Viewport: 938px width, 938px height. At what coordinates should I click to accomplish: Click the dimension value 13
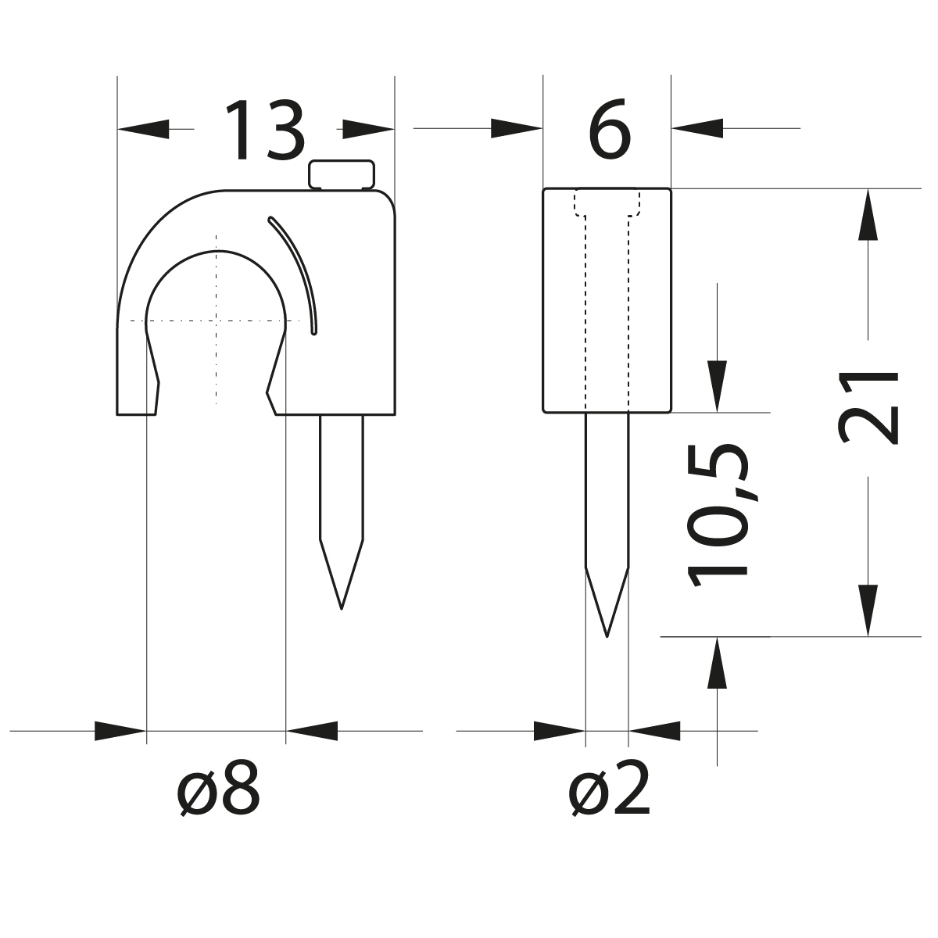(264, 131)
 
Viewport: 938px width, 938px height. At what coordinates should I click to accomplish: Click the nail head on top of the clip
(342, 174)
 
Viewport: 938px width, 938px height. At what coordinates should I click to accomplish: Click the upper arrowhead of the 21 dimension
(868, 215)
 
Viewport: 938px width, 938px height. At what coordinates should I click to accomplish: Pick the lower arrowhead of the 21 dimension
(868, 610)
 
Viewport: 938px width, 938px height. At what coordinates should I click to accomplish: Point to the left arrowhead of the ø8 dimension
(120, 732)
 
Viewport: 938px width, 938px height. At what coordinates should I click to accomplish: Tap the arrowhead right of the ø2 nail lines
(654, 732)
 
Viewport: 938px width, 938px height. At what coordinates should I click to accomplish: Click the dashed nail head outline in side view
(607, 202)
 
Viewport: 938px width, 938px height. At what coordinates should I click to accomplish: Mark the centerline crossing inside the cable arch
(216, 320)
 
